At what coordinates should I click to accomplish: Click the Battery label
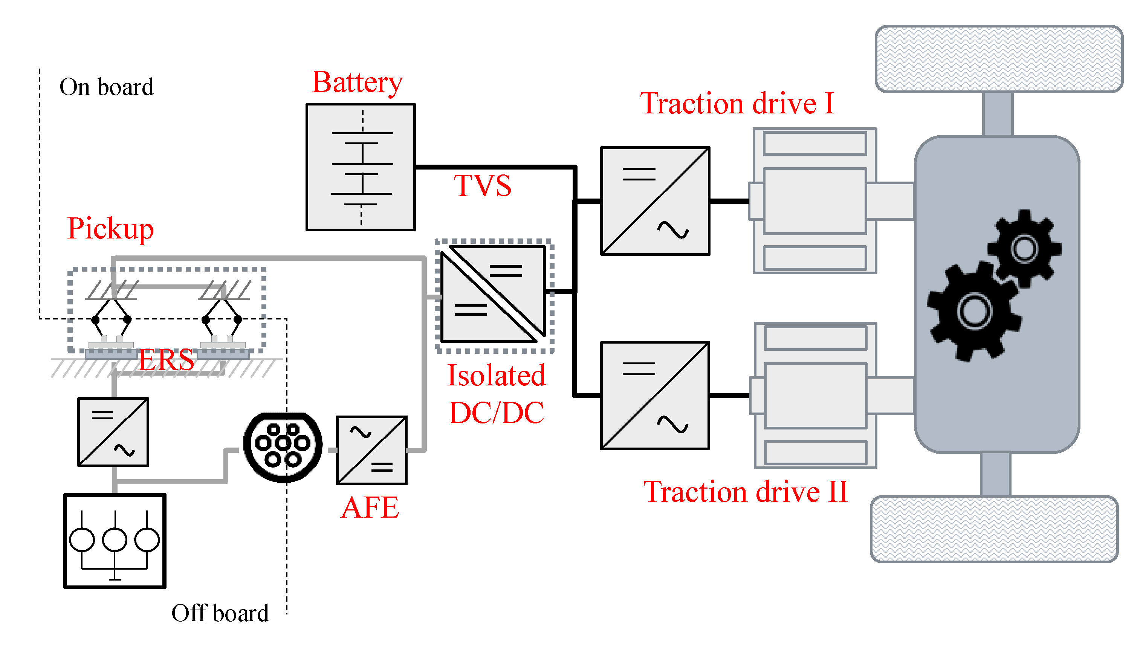357,83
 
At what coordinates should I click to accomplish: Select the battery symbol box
360,167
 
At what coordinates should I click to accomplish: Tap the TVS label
482,186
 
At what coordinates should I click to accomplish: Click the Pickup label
110,229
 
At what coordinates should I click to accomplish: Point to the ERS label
166,359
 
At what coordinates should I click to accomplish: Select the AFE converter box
371,450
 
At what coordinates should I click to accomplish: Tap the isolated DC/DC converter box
493,294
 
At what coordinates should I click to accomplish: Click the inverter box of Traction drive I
655,201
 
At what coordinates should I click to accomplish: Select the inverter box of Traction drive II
655,395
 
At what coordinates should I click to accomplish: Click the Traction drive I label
737,104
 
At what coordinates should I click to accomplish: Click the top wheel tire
999,59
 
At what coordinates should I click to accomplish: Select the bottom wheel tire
994,529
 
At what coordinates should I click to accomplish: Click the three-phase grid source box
115,541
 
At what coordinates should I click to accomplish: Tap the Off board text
220,613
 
